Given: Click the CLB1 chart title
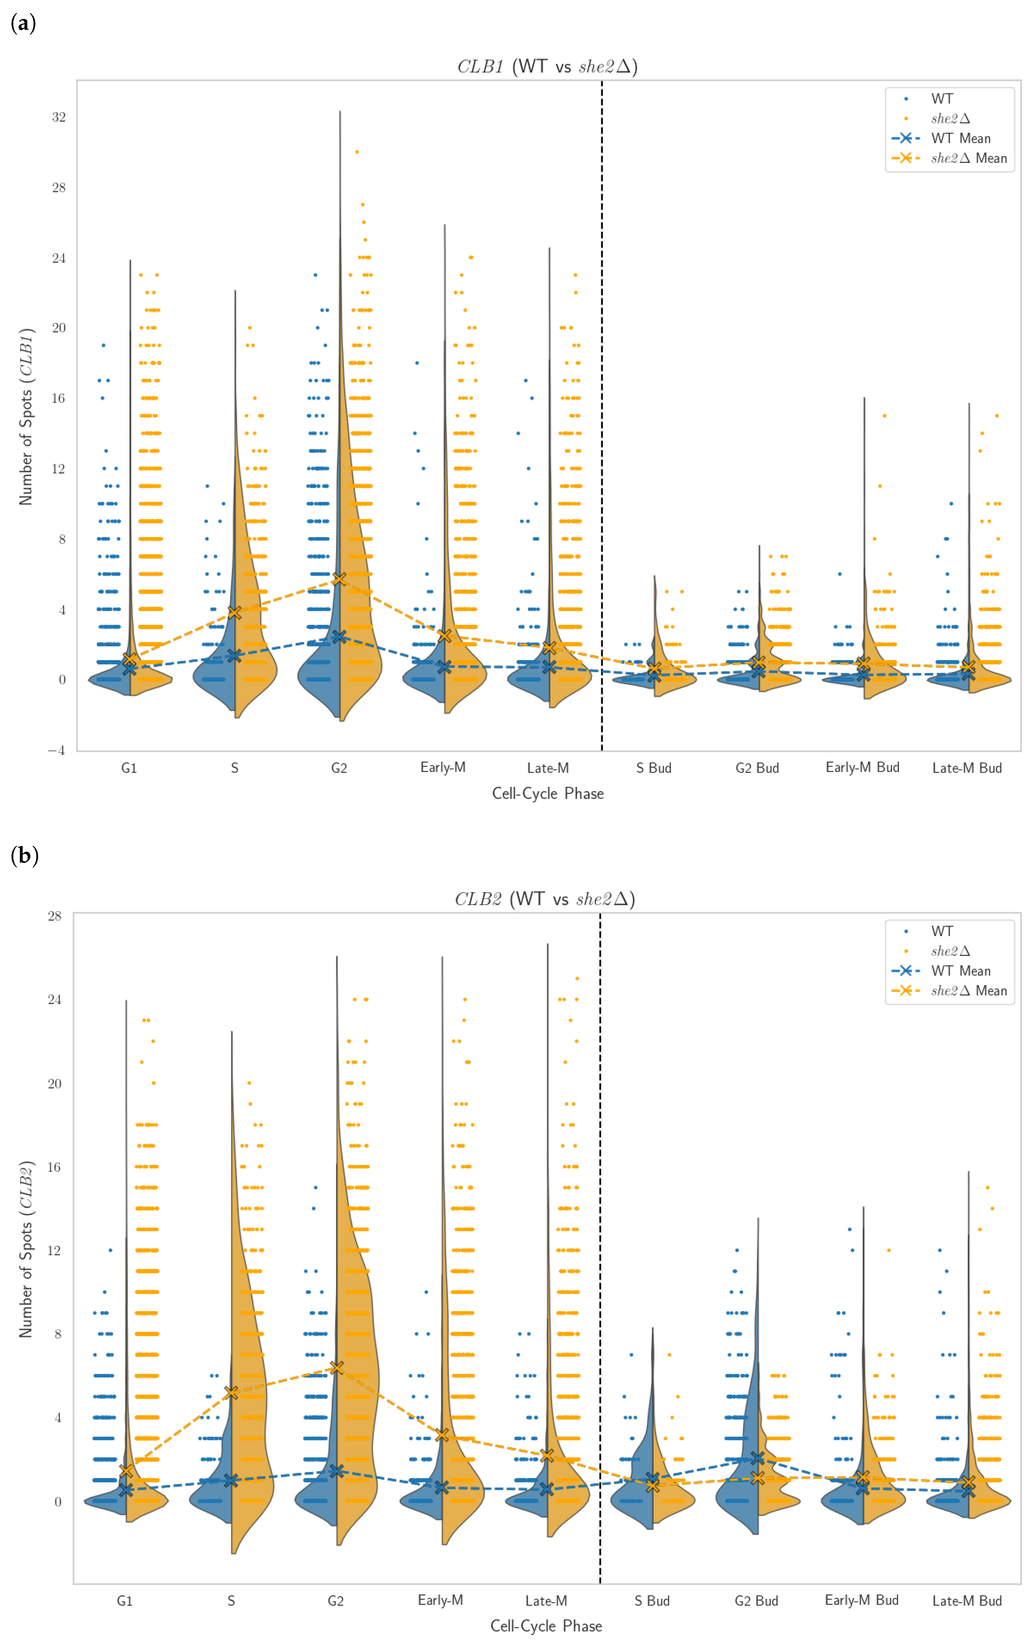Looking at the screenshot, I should pos(547,66).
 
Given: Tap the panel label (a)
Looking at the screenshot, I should pos(23,24).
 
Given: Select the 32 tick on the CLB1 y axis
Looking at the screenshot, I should pos(59,117).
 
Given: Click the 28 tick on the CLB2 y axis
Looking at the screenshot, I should pos(55,916).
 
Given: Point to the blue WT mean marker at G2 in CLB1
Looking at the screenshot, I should pos(339,636).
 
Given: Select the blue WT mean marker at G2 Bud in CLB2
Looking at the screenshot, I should pos(757,1458).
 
